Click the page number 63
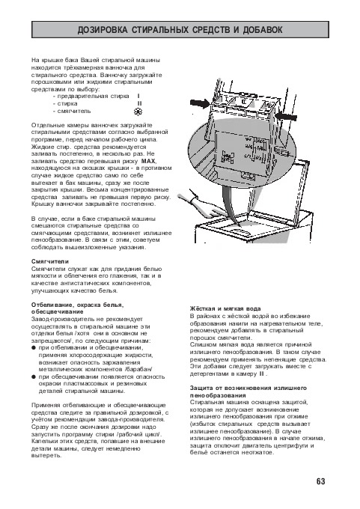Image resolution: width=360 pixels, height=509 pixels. pos(320,481)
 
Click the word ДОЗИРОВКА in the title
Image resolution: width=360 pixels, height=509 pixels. pos(103,30)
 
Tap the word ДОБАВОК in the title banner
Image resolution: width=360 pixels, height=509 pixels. pos(263,30)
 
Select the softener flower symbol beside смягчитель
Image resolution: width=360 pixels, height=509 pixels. pos(138,112)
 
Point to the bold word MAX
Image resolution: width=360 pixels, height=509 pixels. pos(149,161)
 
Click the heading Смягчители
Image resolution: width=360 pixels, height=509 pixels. pos(50,261)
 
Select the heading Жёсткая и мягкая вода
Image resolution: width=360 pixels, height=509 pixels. pos(225,308)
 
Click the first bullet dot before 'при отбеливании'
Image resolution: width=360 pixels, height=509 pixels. pos(34,348)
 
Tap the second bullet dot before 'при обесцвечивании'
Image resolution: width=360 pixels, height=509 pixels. pos(34,377)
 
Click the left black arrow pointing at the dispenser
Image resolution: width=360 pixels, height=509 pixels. pos(201,103)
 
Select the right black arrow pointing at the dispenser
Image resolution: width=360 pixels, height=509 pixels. pos(286,116)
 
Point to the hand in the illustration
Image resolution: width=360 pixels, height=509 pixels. pos(201,207)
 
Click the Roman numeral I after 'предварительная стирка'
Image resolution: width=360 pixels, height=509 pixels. pos(138,96)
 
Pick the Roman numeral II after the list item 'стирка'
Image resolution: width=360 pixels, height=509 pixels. pos(140,103)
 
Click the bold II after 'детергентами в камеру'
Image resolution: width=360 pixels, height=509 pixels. pos(261,374)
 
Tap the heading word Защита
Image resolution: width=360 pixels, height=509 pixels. pos(201,388)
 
